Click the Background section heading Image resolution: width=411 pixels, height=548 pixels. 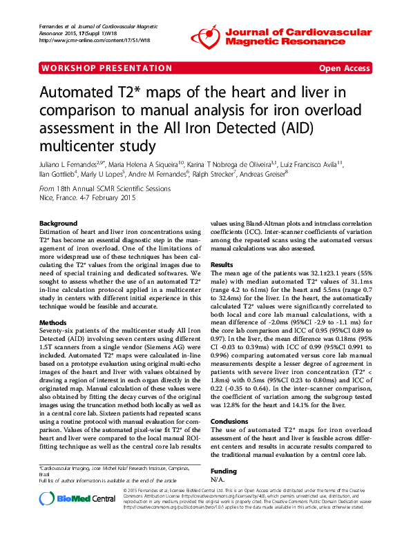click(58, 224)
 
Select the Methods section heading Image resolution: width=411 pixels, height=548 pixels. click(53, 322)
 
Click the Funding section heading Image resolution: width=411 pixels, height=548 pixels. click(224, 469)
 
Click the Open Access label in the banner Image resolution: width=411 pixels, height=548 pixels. click(344, 68)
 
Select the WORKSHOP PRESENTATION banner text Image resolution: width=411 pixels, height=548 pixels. click(106, 68)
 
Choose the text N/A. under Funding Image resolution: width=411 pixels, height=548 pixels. click(216, 478)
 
